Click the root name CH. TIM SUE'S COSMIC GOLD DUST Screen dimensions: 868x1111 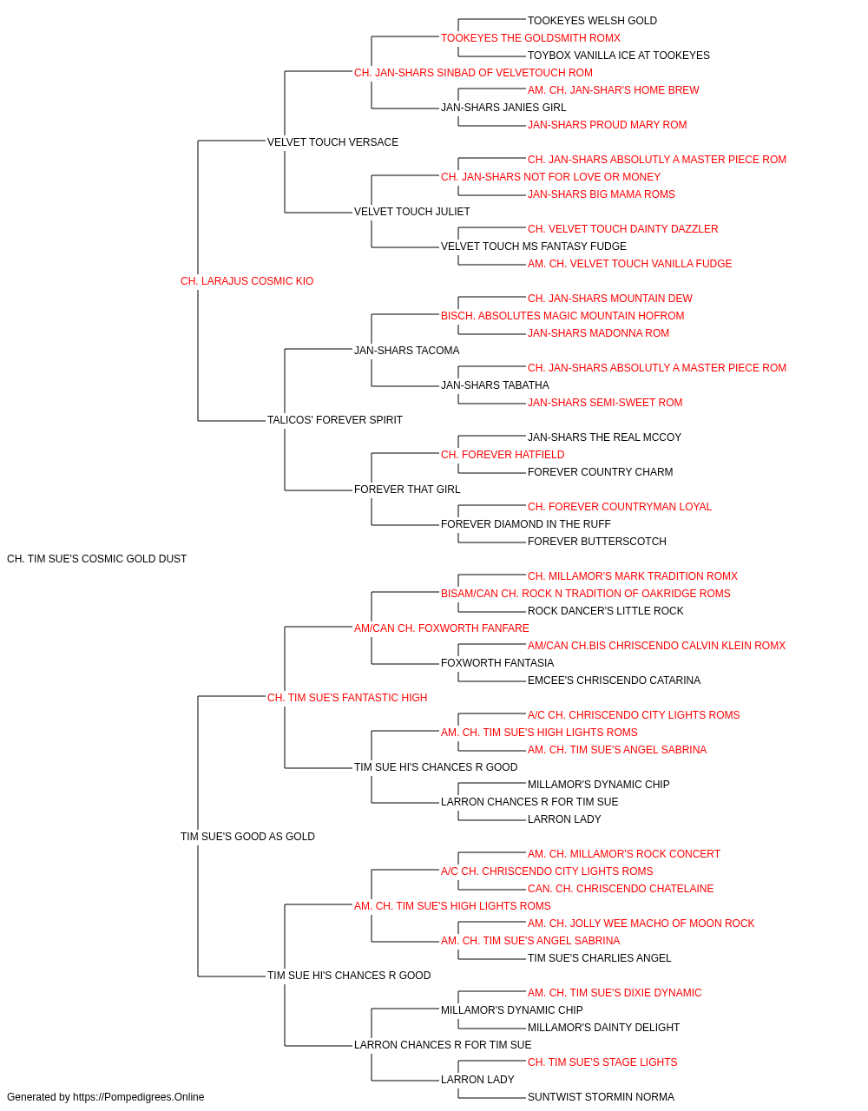pyautogui.click(x=96, y=559)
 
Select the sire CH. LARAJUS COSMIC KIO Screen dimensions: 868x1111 pyautogui.click(x=247, y=281)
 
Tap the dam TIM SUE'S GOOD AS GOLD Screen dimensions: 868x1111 pyautogui.click(x=247, y=837)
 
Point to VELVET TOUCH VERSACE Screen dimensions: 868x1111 pyautogui.click(x=332, y=142)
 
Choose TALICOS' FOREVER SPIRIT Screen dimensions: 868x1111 pyautogui.click(x=335, y=420)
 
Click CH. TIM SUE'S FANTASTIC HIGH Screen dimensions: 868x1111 pyautogui.click(x=347, y=697)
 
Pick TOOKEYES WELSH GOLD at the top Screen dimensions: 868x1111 pyautogui.click(x=593, y=21)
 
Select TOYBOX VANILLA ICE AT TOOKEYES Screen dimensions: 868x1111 pyautogui.click(x=619, y=56)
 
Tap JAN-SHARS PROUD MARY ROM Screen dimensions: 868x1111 pyautogui.click(x=608, y=125)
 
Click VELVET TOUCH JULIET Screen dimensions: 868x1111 pyautogui.click(x=412, y=212)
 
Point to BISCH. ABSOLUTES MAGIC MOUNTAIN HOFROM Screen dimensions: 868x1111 pyautogui.click(x=562, y=316)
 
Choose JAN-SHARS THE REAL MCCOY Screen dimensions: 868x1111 pyautogui.click(x=605, y=437)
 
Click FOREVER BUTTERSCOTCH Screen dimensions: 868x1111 pyautogui.click(x=597, y=542)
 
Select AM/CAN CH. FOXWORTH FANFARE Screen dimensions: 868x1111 pyautogui.click(x=442, y=628)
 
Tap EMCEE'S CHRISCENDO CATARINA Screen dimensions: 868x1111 pyautogui.click(x=614, y=680)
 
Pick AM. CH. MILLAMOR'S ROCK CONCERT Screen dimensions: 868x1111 pyautogui.click(x=623, y=854)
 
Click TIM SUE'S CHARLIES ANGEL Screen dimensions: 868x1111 pyautogui.click(x=599, y=958)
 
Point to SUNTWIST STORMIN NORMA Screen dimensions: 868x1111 pyautogui.click(x=602, y=1097)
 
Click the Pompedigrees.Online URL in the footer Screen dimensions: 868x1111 pyautogui.click(x=139, y=1097)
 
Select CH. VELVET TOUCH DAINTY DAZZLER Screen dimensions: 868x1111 pyautogui.click(x=622, y=229)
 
